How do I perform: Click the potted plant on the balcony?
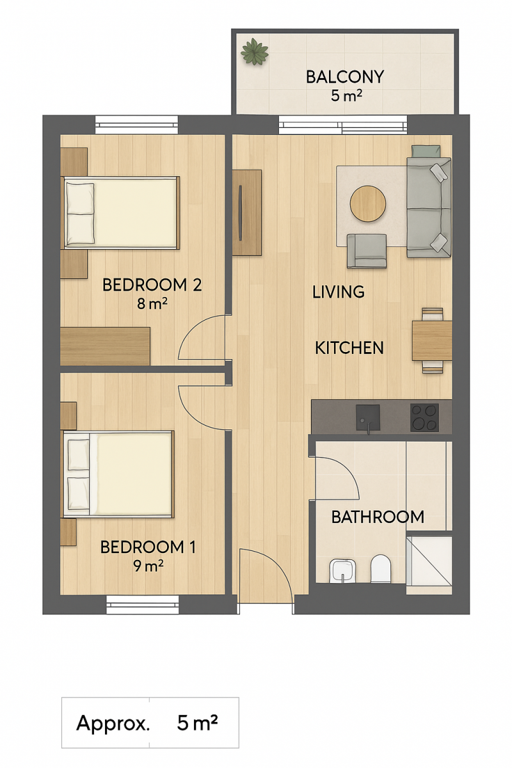point(254,51)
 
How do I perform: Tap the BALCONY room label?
point(345,77)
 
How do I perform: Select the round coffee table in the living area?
point(367,204)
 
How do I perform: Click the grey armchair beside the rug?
point(367,251)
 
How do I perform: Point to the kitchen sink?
point(367,417)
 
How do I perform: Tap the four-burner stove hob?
point(424,417)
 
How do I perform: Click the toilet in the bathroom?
point(381,568)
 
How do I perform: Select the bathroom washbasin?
point(341,571)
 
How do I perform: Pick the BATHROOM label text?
point(378,516)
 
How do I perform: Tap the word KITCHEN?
point(349,348)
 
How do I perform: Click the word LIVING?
point(338,292)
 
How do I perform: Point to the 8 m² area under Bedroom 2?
point(152,303)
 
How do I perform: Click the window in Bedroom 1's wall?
point(142,604)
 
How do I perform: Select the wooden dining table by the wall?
point(432,340)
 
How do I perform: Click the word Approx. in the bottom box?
point(113,723)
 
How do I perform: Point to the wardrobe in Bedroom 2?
point(105,346)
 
